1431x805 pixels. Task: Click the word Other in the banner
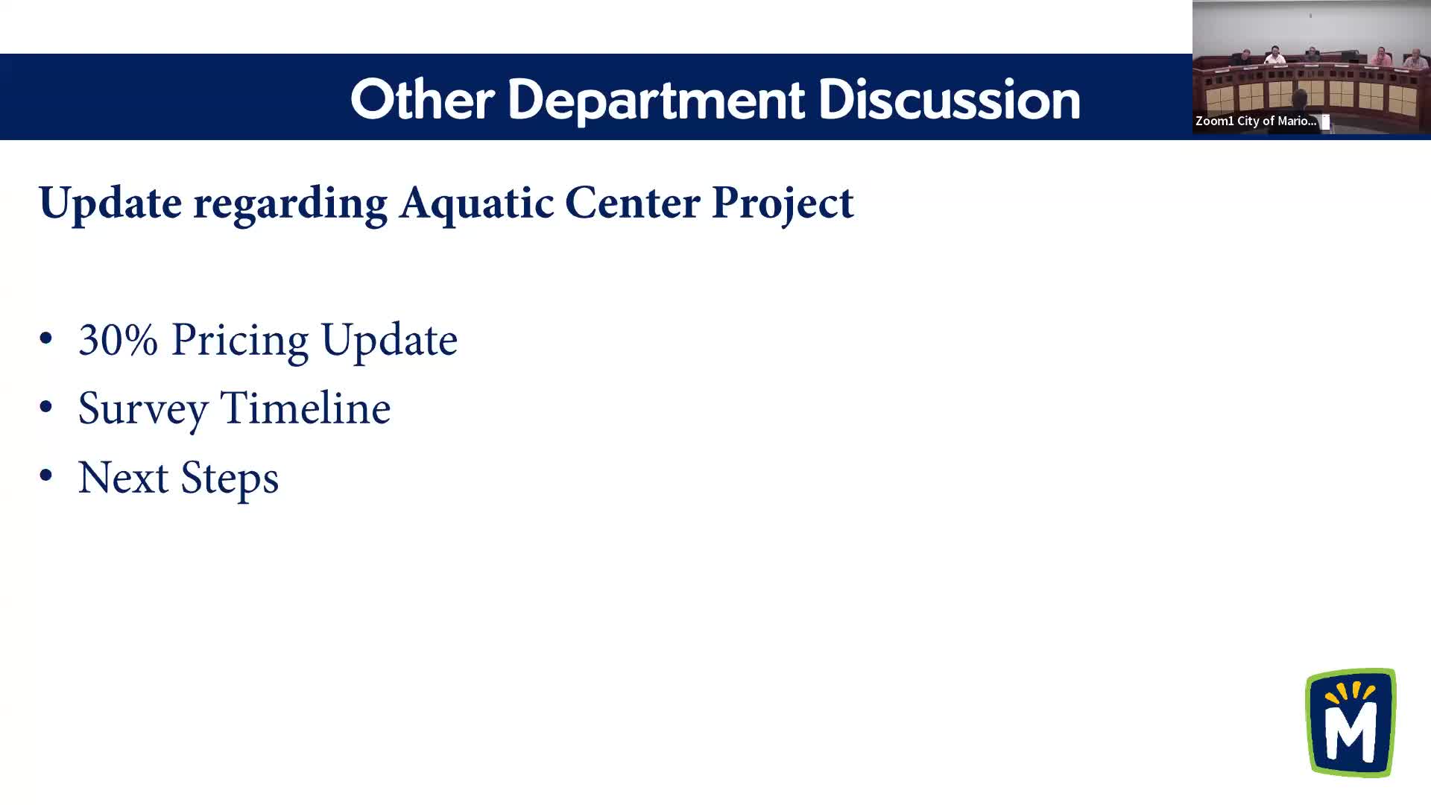coord(423,99)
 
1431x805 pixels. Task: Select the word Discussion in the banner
coord(949,99)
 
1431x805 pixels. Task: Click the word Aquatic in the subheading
coord(476,203)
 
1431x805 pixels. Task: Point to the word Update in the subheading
coord(110,203)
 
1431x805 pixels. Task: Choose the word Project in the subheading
coord(783,203)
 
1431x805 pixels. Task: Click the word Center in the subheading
coord(632,202)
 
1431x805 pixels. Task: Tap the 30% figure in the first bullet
coord(118,340)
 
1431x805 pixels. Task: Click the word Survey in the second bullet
coord(143,409)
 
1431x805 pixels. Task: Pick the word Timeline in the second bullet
coord(306,408)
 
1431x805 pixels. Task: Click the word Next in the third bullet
coord(123,478)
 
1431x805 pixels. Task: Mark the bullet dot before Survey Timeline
coord(46,407)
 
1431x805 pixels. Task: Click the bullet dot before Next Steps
coord(46,476)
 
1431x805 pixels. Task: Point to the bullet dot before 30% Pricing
coord(46,338)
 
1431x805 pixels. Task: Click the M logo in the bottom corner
coord(1351,722)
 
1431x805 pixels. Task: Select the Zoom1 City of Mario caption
coord(1256,121)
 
